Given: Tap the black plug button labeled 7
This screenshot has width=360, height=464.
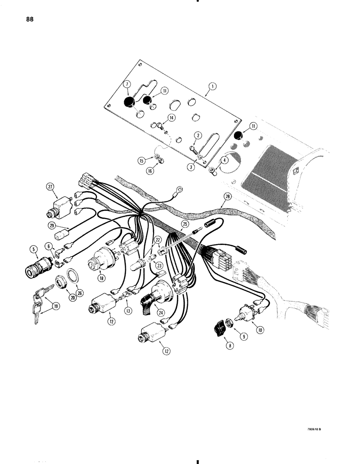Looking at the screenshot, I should coord(129,102).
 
